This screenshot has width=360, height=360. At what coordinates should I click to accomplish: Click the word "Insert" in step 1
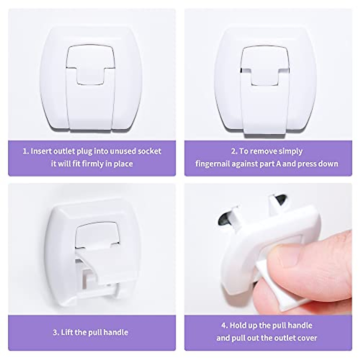click(x=41, y=151)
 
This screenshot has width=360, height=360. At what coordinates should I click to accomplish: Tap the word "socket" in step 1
click(x=149, y=151)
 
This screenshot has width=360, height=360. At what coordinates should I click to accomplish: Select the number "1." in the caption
click(x=25, y=151)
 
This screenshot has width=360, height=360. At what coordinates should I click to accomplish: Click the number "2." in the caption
click(x=234, y=151)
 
